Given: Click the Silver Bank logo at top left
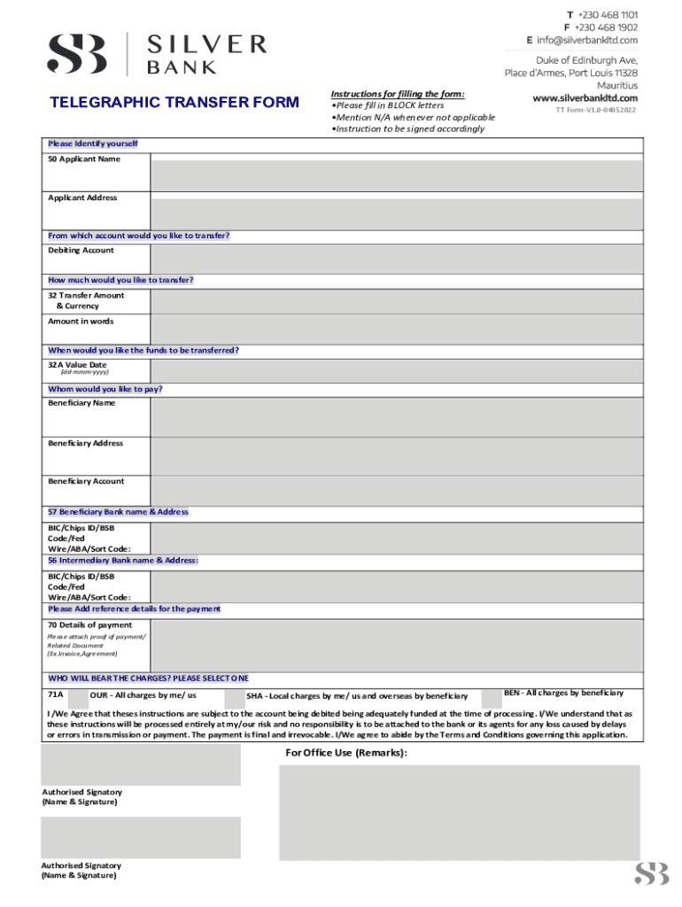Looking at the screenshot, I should click(x=156, y=53).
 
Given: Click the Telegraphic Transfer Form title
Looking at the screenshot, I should click(x=174, y=103).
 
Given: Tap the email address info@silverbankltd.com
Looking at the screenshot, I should click(x=586, y=40).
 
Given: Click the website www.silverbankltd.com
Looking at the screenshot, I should click(x=585, y=97).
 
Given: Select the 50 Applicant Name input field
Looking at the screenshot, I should click(x=396, y=174).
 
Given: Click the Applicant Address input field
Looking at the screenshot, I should click(x=396, y=213).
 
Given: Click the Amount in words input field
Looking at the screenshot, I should click(x=396, y=328).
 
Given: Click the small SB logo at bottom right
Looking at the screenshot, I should click(x=651, y=875).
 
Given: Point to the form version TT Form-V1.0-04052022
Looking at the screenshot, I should click(x=595, y=111).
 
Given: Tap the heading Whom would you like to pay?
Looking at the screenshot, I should click(x=105, y=389).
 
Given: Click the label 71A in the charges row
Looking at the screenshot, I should click(x=55, y=694).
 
